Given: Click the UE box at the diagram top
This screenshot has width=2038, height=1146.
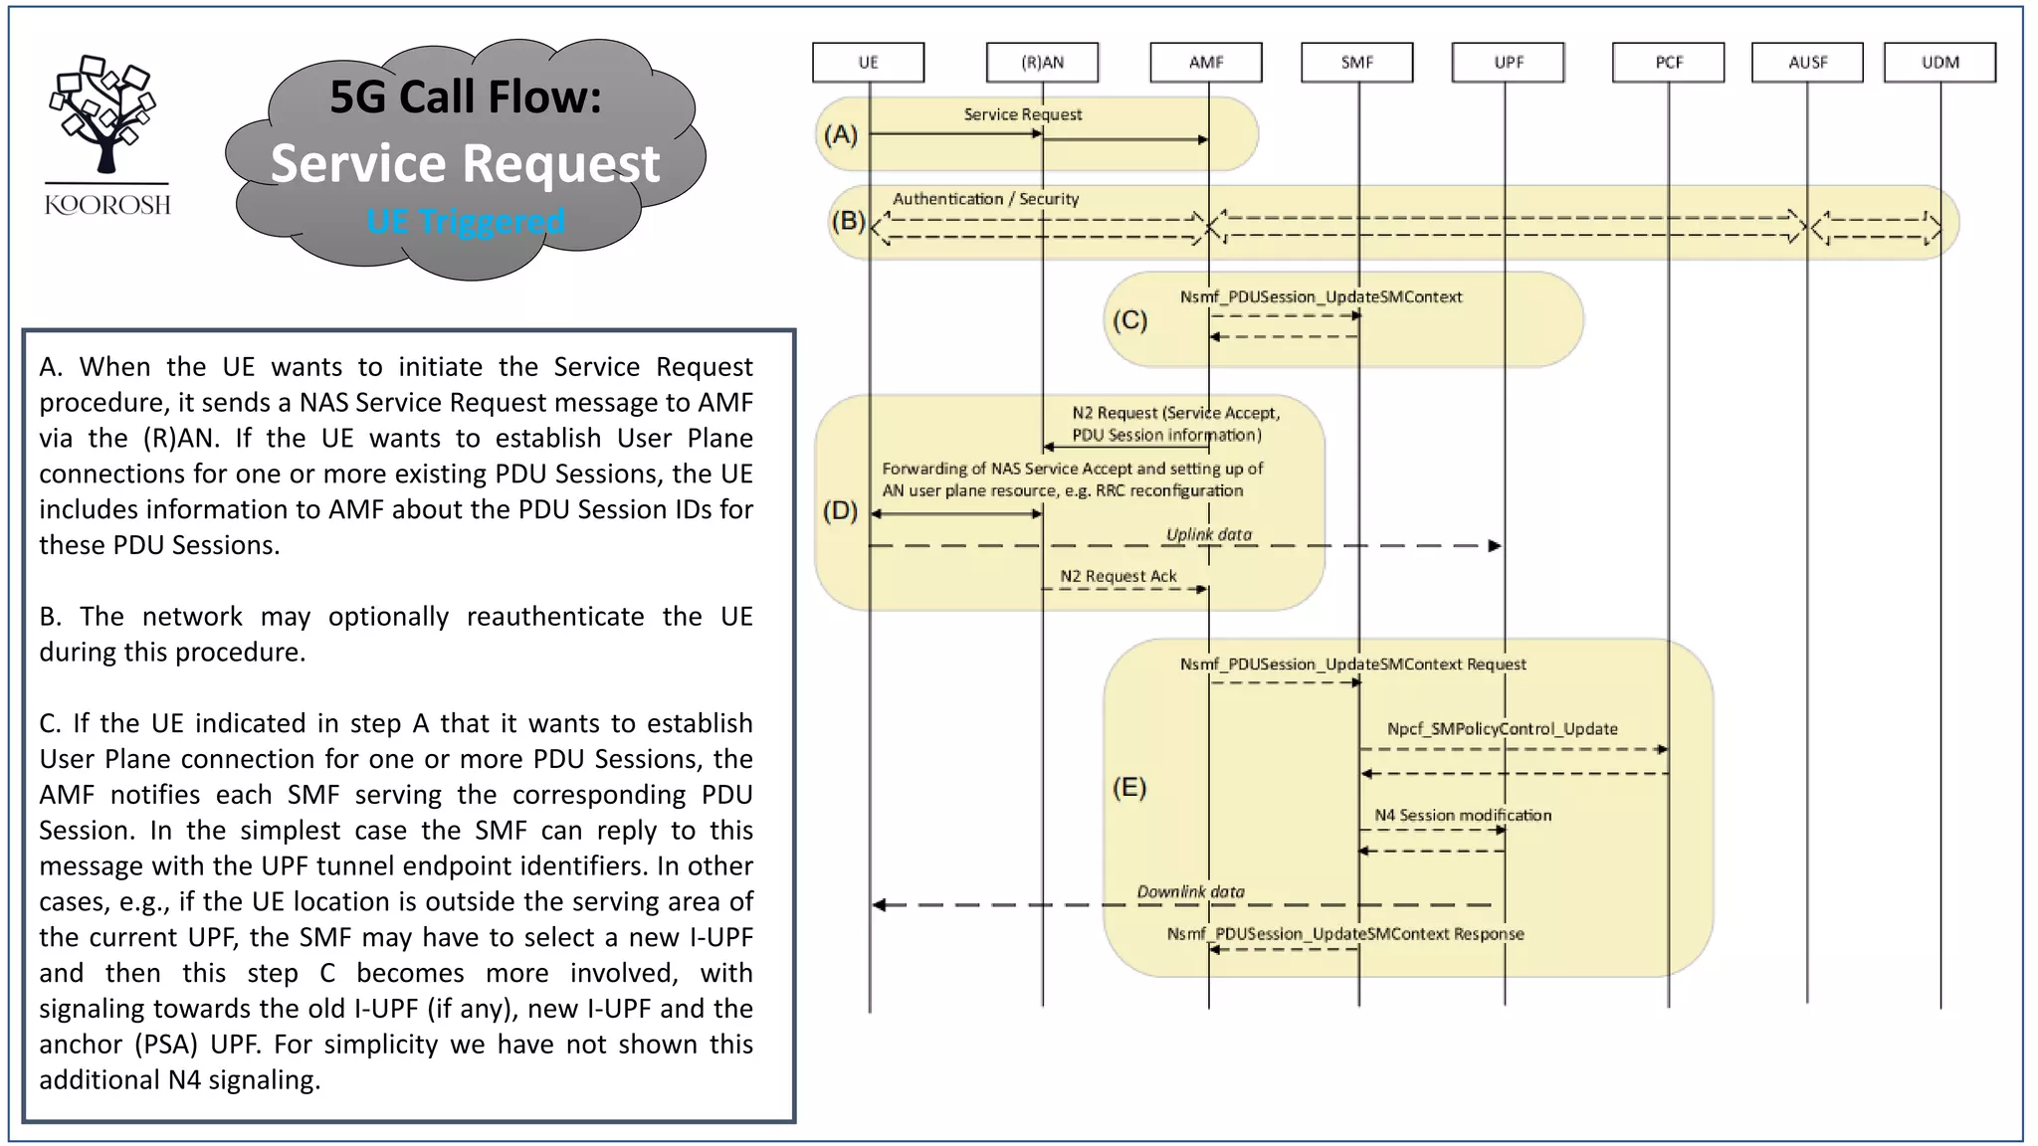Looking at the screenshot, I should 868,62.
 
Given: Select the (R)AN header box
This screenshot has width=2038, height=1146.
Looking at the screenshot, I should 1042,62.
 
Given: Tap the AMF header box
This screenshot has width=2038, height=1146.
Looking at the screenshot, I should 1206,62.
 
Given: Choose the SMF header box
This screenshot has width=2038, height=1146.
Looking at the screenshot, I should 1356,62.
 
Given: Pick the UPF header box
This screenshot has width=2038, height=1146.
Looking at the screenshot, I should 1508,62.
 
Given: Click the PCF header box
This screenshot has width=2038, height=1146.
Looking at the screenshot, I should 1668,62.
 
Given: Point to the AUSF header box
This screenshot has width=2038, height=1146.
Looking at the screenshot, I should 1807,62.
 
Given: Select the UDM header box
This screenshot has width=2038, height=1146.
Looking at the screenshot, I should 1939,62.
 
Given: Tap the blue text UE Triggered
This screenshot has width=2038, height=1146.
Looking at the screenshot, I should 465,221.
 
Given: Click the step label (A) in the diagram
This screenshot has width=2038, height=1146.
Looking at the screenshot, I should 841,134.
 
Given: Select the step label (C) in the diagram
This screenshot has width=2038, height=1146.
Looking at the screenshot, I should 1129,320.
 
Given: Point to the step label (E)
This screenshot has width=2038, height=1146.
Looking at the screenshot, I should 1129,788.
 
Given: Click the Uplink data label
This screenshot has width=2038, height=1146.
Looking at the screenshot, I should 1208,534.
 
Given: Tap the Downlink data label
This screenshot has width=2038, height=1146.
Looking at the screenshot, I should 1190,891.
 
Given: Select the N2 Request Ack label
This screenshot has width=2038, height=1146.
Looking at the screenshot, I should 1118,576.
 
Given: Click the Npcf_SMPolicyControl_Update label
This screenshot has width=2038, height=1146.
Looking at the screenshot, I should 1502,728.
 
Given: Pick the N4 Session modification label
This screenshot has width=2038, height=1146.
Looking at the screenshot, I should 1462,815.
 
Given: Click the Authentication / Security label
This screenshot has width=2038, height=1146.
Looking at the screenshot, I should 985,199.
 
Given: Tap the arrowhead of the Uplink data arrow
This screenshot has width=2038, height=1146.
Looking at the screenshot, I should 1495,546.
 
